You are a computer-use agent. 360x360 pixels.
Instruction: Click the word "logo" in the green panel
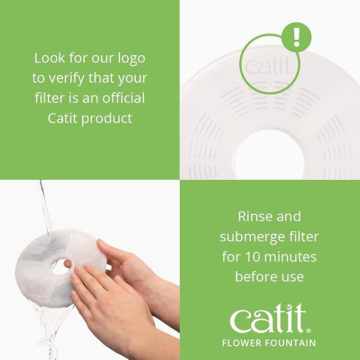click(131, 59)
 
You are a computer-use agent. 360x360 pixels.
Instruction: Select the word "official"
click(124, 98)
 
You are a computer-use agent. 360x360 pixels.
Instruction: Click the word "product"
click(107, 119)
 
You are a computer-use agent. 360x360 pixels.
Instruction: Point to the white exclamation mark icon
click(296, 37)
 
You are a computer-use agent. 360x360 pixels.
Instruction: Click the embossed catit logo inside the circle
click(269, 66)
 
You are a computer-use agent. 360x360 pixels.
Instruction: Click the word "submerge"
click(250, 237)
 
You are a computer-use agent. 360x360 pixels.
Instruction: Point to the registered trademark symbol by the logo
click(309, 331)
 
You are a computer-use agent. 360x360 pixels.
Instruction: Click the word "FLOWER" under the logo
click(242, 343)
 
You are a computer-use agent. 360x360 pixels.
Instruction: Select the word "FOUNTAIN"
click(291, 343)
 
